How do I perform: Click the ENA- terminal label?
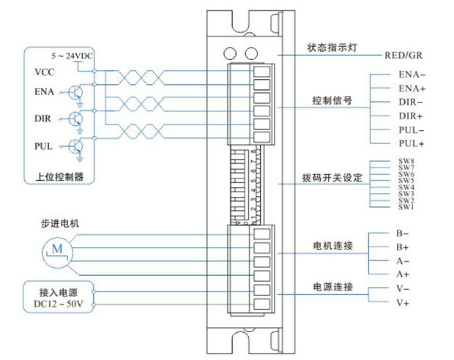412,75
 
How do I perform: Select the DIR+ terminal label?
412,116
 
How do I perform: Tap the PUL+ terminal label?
412,143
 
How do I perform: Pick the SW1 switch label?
406,208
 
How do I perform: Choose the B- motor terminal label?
402,233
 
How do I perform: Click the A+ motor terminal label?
402,274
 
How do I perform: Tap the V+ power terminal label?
402,302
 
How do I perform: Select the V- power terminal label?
402,288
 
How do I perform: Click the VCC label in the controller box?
45,72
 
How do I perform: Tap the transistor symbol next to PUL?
75,146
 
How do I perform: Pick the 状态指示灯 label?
332,48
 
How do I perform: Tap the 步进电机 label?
48,222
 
